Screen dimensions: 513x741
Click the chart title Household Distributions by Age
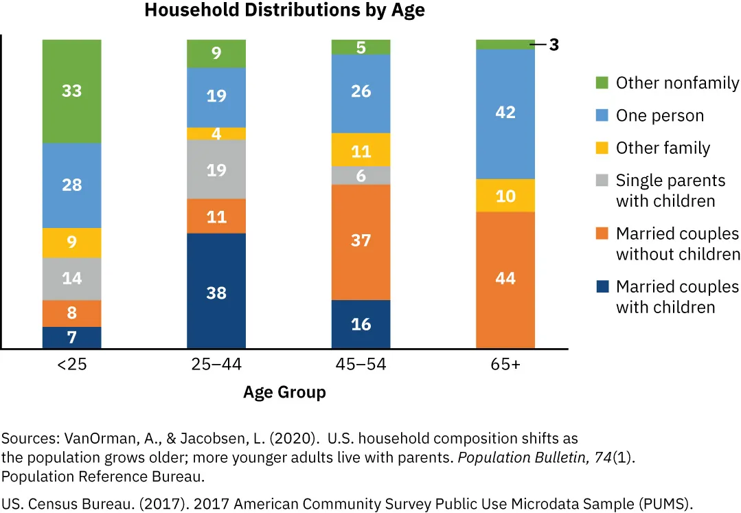tap(284, 10)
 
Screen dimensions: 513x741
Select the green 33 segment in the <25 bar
tap(72, 91)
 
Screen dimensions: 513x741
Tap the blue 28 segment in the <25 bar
tap(72, 185)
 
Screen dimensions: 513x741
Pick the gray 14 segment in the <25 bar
tap(72, 278)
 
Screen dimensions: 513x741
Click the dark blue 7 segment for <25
tap(72, 337)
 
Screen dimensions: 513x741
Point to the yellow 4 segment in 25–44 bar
tap(216, 134)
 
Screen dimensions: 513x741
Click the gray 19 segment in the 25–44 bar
tap(216, 170)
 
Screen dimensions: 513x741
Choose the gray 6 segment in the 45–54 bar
tap(361, 176)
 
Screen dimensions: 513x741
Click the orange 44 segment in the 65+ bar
tap(505, 280)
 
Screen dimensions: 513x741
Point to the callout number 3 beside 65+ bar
tap(554, 45)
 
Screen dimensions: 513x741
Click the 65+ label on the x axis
tap(505, 365)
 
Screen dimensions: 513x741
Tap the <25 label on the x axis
tap(72, 365)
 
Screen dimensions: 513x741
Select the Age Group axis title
tap(284, 393)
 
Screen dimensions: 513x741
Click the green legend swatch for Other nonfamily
tap(602, 83)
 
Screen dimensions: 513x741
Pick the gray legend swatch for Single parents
tap(602, 181)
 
